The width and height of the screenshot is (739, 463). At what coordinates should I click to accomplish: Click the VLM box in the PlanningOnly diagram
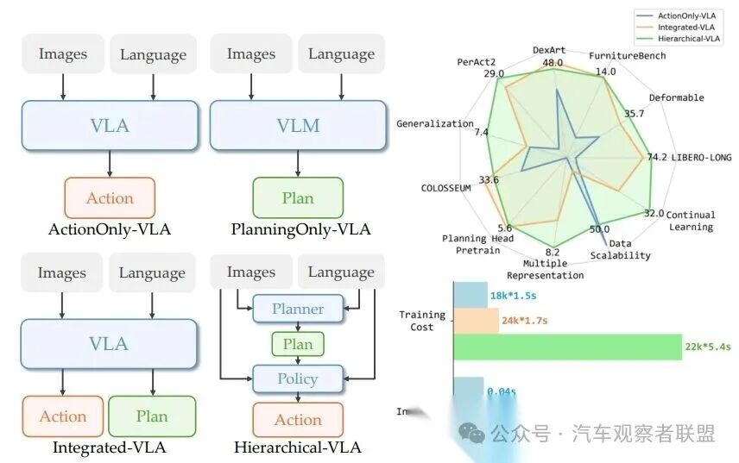(x=298, y=125)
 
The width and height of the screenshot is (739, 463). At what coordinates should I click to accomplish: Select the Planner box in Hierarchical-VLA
(x=298, y=309)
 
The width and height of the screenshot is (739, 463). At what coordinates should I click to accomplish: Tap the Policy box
(x=298, y=379)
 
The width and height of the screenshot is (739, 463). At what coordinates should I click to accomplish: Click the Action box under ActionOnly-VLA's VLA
(x=110, y=197)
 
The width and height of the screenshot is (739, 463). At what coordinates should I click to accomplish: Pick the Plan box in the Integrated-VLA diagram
(x=152, y=416)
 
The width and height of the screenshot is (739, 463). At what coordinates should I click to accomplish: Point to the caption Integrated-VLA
(x=110, y=447)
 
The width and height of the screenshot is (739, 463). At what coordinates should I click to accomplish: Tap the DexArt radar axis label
(x=549, y=50)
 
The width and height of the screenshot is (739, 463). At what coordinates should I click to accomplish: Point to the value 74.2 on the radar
(x=657, y=157)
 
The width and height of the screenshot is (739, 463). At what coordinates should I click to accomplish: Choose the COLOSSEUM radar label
(x=445, y=187)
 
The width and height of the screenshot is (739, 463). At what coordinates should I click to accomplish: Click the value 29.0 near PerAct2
(x=494, y=74)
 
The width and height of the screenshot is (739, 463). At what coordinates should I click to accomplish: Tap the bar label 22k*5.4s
(x=708, y=347)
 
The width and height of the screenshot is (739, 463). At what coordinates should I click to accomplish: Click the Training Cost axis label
(x=422, y=321)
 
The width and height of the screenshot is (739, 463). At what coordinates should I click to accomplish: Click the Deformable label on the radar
(x=676, y=97)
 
